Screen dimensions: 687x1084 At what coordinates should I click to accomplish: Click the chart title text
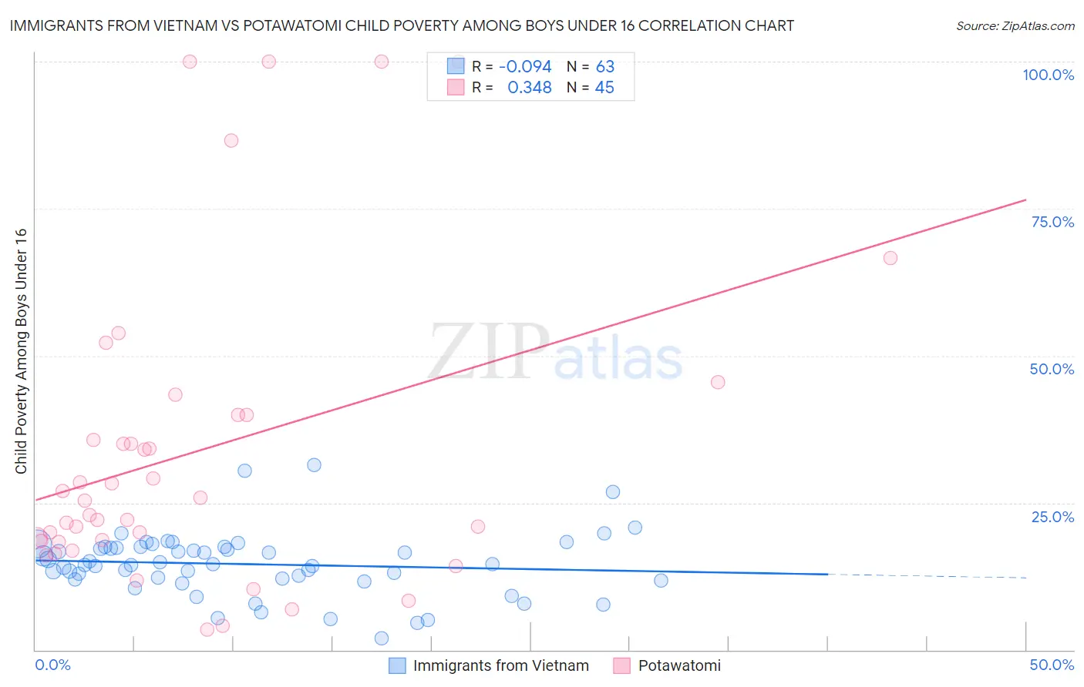click(x=402, y=25)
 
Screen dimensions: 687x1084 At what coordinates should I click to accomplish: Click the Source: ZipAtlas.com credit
click(x=1015, y=25)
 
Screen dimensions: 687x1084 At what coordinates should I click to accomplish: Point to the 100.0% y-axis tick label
click(x=1048, y=75)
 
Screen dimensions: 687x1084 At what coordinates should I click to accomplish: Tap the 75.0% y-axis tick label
click(x=1052, y=222)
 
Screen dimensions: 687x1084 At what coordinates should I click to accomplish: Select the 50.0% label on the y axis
click(x=1052, y=369)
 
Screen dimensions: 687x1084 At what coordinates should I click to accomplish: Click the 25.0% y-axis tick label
click(x=1052, y=517)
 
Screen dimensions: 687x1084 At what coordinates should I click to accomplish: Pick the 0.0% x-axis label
click(x=52, y=665)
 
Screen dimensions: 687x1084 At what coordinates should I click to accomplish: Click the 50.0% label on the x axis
click(x=1052, y=665)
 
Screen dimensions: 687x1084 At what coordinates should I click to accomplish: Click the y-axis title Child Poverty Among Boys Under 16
click(x=21, y=351)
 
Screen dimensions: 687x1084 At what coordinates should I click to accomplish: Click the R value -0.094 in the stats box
click(x=525, y=67)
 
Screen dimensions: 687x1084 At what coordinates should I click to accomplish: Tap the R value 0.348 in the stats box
click(x=529, y=88)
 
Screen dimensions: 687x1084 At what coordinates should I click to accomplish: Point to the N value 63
click(x=604, y=67)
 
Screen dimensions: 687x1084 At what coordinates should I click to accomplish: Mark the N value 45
click(x=604, y=88)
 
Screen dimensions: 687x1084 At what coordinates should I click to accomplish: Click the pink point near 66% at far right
click(x=890, y=258)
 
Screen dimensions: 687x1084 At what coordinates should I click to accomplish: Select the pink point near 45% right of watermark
click(x=718, y=382)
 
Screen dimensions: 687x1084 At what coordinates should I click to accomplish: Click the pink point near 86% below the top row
click(x=231, y=140)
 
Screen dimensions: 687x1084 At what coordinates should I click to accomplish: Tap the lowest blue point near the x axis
click(x=382, y=638)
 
